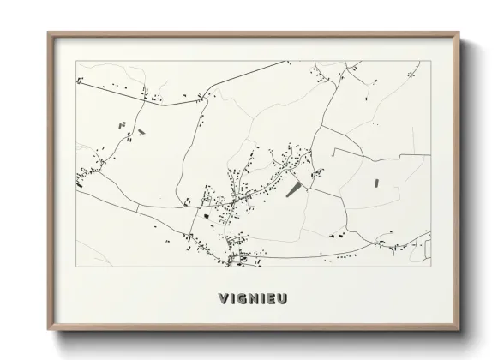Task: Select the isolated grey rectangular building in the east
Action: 375,182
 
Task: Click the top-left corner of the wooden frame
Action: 48,33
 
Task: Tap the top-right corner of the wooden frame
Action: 459,33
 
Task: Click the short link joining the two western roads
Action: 137,208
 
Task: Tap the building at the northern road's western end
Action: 79,81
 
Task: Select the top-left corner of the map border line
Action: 76,61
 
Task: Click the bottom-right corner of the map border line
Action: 431,267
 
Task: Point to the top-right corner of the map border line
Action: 431,61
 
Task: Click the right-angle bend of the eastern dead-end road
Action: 333,149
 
